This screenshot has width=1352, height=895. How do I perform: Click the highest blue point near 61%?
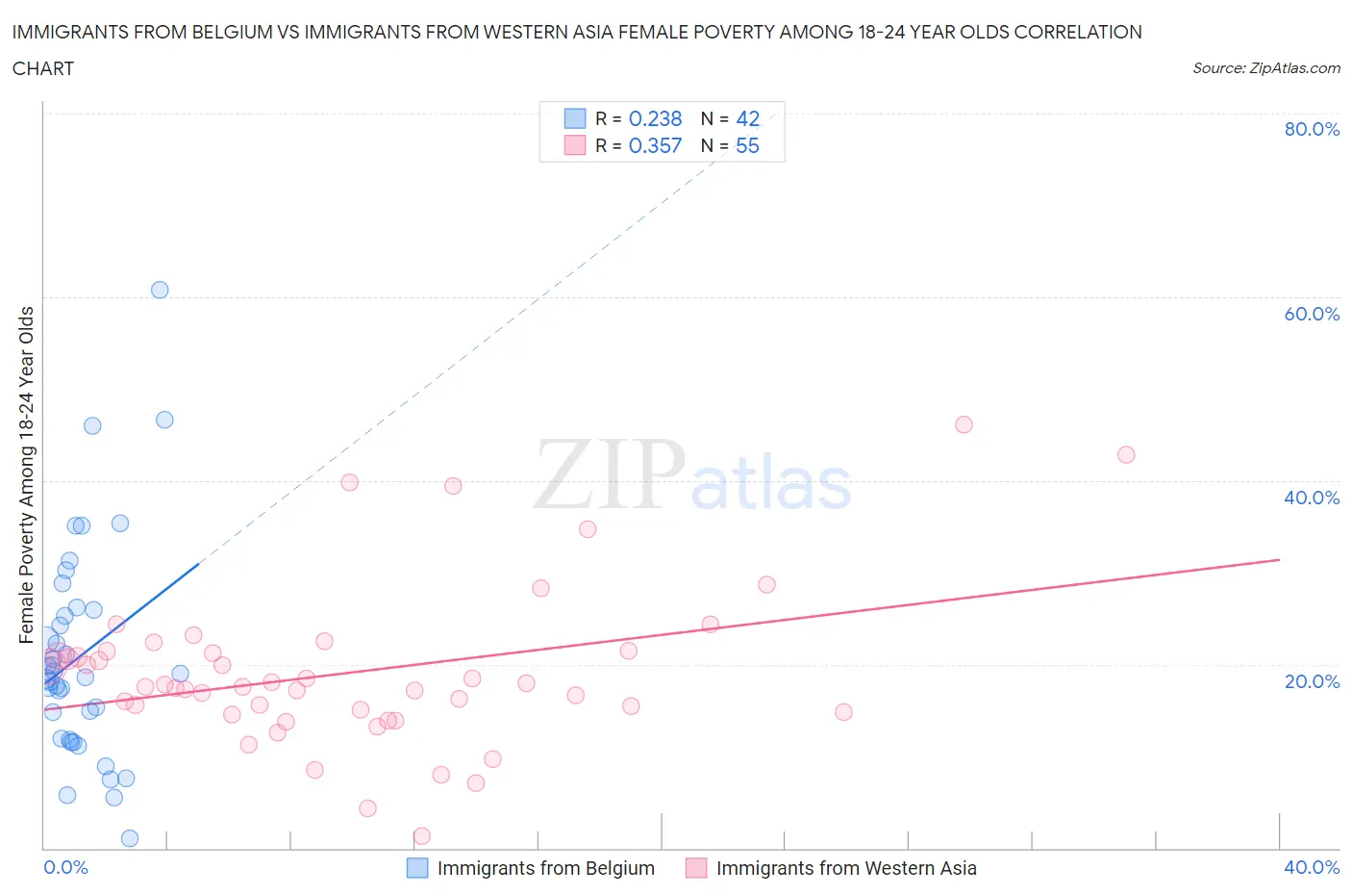click(160, 290)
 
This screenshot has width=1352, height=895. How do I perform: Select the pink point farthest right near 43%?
click(1126, 454)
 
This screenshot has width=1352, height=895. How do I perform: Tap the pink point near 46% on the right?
click(964, 424)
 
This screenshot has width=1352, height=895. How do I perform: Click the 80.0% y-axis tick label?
click(1312, 129)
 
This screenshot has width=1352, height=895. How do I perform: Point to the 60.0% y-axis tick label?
click(1312, 314)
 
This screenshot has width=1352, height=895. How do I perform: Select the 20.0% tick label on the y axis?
click(1312, 681)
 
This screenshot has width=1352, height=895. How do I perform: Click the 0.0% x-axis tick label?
click(65, 867)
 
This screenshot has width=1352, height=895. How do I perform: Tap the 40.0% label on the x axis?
click(1312, 867)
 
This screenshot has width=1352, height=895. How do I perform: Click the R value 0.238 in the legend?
click(655, 118)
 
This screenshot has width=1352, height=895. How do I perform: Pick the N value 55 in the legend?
click(747, 145)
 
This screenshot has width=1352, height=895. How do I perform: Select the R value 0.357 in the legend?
click(655, 145)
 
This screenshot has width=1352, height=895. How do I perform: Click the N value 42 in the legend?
click(747, 118)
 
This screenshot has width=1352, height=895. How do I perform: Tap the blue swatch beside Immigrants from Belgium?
click(417, 868)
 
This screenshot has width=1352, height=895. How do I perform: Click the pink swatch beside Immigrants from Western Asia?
click(696, 868)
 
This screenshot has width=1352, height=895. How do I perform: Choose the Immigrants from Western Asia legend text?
click(846, 868)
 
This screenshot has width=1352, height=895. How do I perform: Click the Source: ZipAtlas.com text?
click(1265, 68)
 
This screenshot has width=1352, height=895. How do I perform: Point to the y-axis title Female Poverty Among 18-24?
click(27, 474)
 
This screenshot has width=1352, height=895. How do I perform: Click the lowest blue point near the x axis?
click(130, 838)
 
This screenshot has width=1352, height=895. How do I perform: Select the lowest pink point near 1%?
click(421, 835)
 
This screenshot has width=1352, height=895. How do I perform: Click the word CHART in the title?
click(43, 68)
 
